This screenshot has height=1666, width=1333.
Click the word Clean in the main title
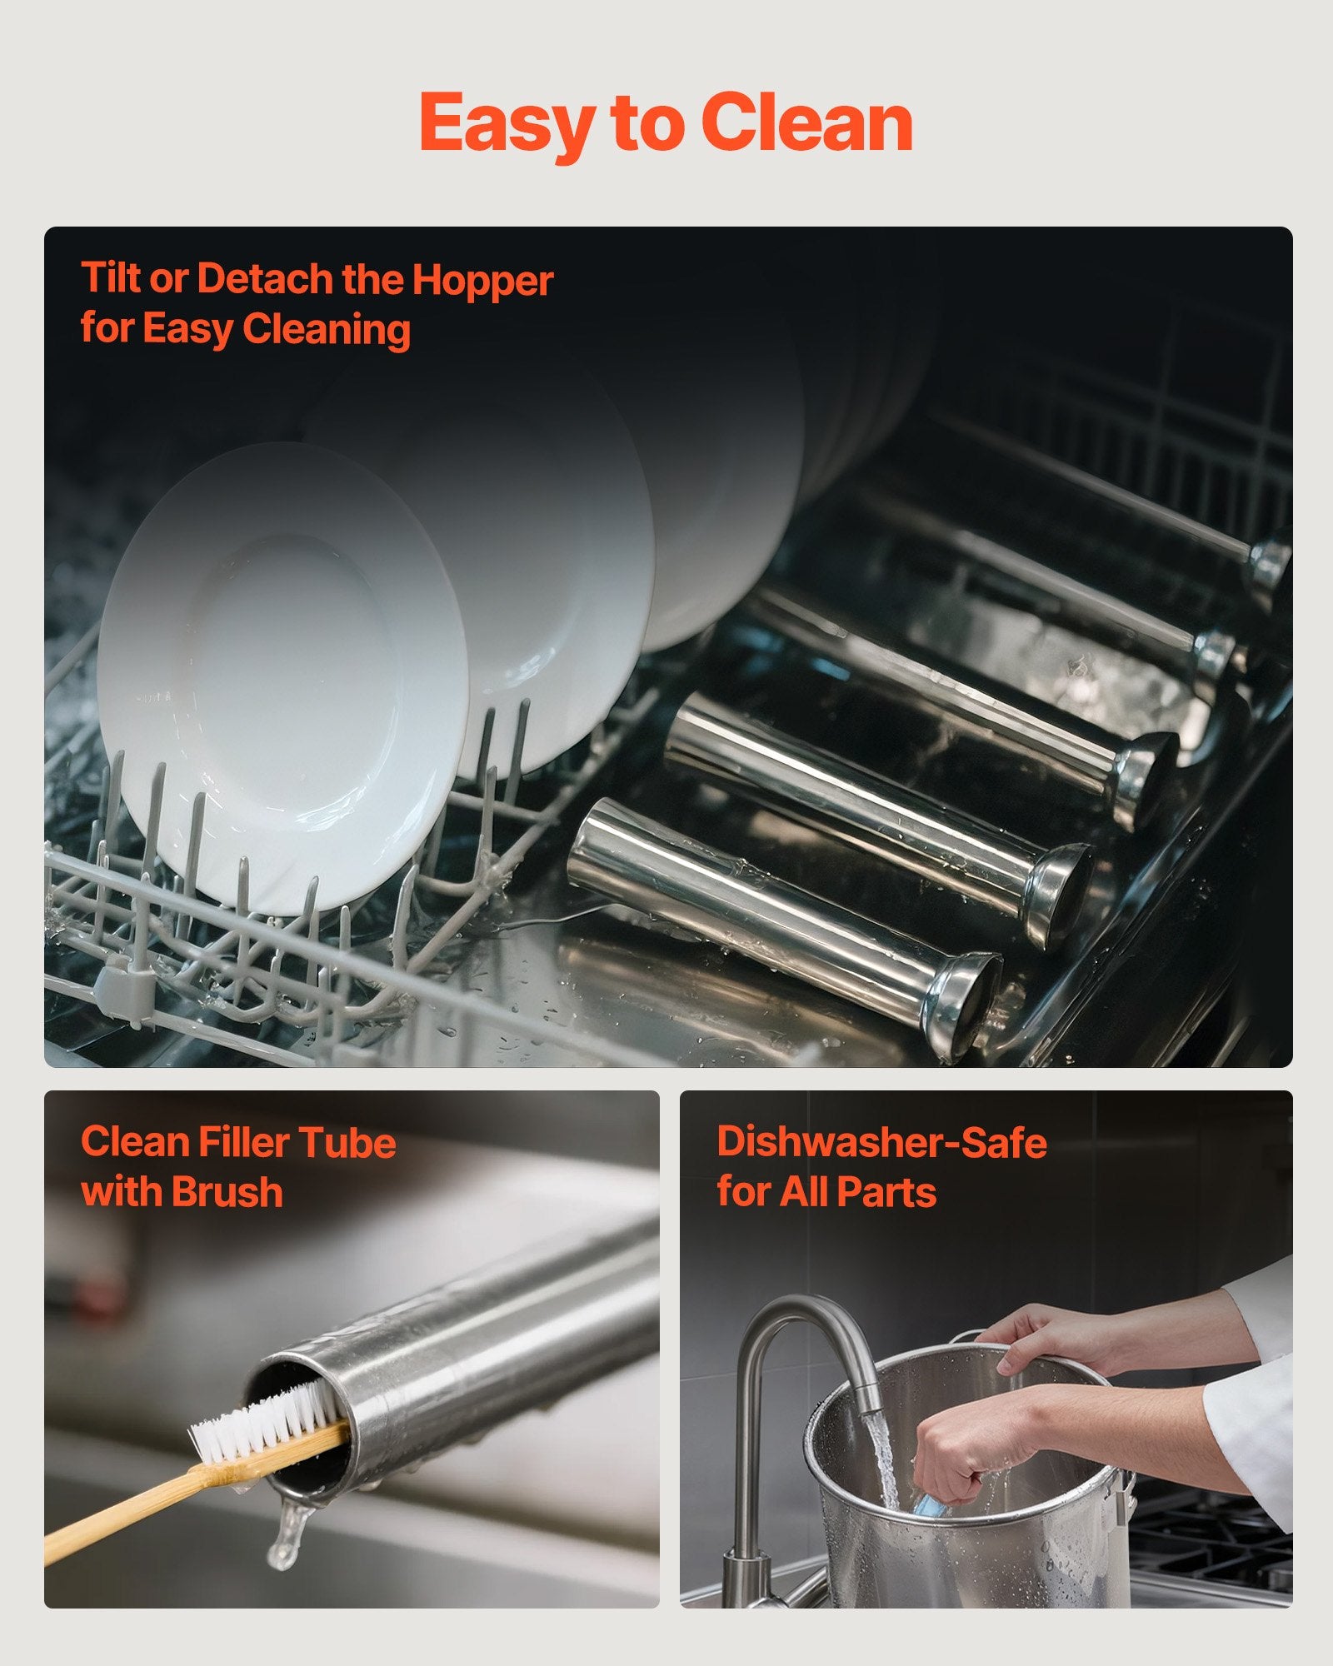click(807, 122)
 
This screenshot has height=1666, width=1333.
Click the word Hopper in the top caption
click(482, 282)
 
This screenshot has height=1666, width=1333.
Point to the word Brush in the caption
click(229, 1191)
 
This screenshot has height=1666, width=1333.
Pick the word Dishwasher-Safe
click(881, 1142)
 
